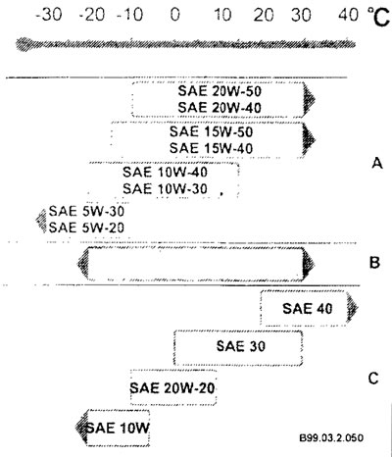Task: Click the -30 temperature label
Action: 48,15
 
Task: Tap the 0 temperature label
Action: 175,15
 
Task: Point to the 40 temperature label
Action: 348,15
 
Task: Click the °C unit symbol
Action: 378,17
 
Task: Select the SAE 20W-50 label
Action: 220,91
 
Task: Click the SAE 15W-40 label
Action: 211,148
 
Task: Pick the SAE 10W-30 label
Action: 165,188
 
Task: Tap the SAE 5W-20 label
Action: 86,228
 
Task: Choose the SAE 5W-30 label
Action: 86,211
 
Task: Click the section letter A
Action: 377,163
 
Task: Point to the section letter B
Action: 374,263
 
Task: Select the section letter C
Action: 373,379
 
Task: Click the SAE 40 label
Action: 308,309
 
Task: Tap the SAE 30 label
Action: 241,346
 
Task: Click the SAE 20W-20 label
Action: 172,388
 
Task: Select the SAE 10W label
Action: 118,428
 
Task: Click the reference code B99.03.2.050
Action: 331,437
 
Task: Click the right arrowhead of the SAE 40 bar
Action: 353,308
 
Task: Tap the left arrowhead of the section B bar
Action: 82,264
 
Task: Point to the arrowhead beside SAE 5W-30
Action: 41,220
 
